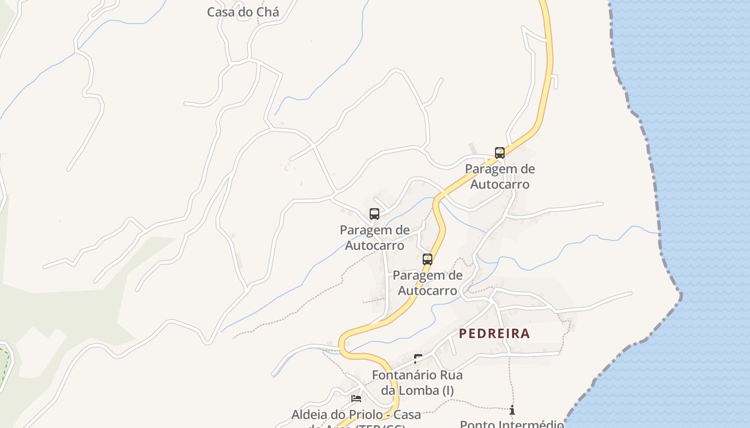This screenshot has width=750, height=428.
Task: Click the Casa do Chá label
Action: point(243,12)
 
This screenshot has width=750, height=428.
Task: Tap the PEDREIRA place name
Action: point(494,334)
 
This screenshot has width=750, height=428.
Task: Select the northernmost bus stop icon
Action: point(499,153)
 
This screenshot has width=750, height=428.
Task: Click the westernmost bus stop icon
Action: point(374,214)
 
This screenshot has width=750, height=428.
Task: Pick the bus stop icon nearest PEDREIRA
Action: point(427,259)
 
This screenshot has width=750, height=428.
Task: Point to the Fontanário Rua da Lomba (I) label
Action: point(417,383)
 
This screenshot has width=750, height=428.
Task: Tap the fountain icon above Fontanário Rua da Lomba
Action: point(417,358)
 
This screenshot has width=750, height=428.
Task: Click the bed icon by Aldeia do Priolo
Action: point(356,398)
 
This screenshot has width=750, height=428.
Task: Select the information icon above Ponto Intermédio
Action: point(512,410)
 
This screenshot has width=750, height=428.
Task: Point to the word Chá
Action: point(266,12)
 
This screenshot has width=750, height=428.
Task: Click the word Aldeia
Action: point(310,415)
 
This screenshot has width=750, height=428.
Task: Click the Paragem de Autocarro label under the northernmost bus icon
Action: point(499,177)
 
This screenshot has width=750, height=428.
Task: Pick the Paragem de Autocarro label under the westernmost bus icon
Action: point(374,238)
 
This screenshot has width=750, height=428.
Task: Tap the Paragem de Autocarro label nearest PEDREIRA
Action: point(427,283)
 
